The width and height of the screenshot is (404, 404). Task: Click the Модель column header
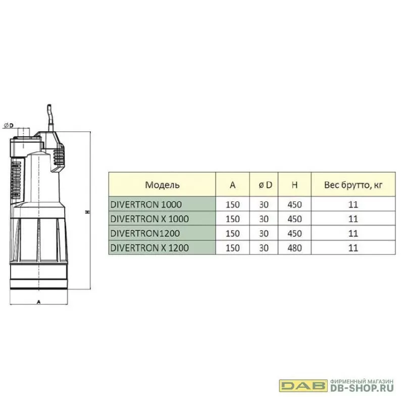[162, 185]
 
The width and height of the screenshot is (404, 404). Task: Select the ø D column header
[265, 185]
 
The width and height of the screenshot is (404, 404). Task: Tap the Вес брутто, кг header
[353, 185]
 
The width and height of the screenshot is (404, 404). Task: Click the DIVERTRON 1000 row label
[146, 205]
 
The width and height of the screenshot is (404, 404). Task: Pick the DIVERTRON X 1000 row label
[149, 219]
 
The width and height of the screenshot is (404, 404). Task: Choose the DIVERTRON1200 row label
[145, 233]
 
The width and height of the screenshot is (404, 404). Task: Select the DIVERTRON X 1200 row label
[149, 247]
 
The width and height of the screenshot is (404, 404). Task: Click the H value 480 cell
[294, 248]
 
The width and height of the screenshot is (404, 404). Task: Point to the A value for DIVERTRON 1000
[233, 205]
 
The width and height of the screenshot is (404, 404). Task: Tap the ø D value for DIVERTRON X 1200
[264, 248]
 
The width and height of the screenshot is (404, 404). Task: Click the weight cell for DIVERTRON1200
[353, 233]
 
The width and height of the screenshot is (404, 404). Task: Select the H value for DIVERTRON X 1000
[294, 219]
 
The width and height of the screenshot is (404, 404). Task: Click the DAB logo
[304, 385]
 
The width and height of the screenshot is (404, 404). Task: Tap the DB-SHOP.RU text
[362, 388]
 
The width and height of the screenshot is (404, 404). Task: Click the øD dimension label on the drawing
[9, 125]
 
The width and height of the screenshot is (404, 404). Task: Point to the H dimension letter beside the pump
[88, 212]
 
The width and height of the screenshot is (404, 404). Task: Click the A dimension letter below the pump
[39, 301]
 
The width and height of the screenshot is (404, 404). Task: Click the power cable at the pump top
[50, 118]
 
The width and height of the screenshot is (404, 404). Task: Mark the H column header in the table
[294, 185]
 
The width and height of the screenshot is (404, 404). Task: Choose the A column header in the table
[233, 185]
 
